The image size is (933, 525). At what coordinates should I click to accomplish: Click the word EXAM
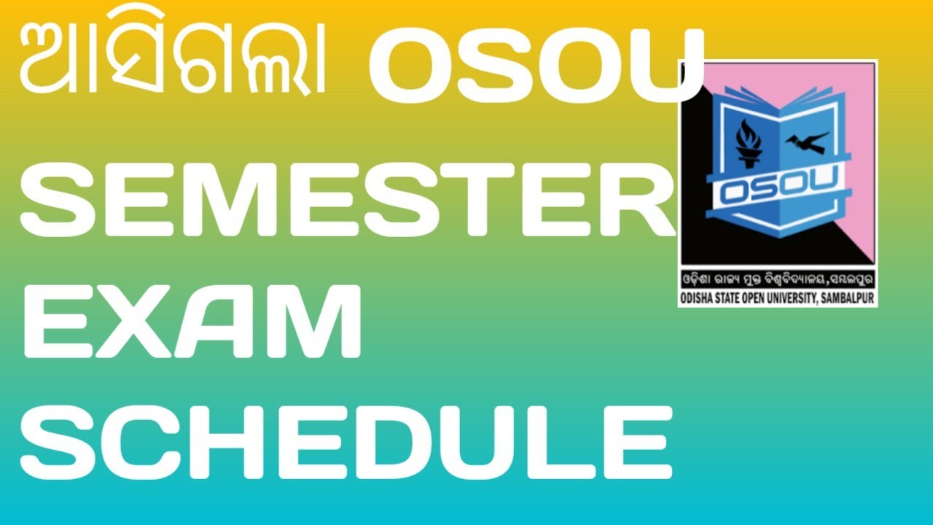coord(193,321)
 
